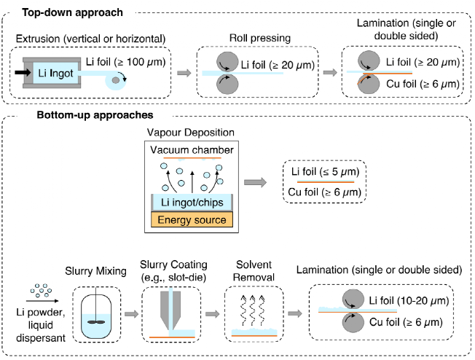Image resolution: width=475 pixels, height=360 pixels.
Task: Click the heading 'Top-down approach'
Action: click(x=72, y=12)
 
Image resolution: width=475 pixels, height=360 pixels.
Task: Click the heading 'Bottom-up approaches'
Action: click(x=85, y=115)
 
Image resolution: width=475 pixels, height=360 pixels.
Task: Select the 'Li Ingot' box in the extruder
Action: click(x=52, y=73)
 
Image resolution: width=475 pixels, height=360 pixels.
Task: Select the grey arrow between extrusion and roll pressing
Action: click(x=185, y=73)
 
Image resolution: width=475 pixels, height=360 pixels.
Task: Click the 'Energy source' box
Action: click(x=192, y=219)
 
